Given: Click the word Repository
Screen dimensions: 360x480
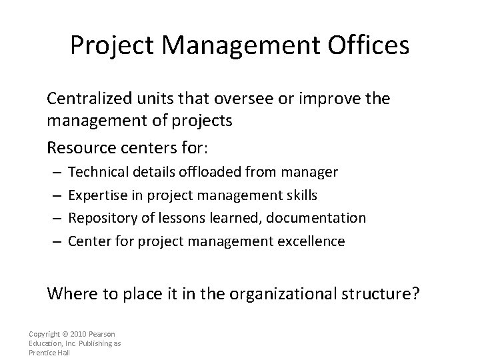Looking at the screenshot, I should [102, 217].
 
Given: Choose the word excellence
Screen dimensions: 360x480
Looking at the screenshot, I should [312, 241].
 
